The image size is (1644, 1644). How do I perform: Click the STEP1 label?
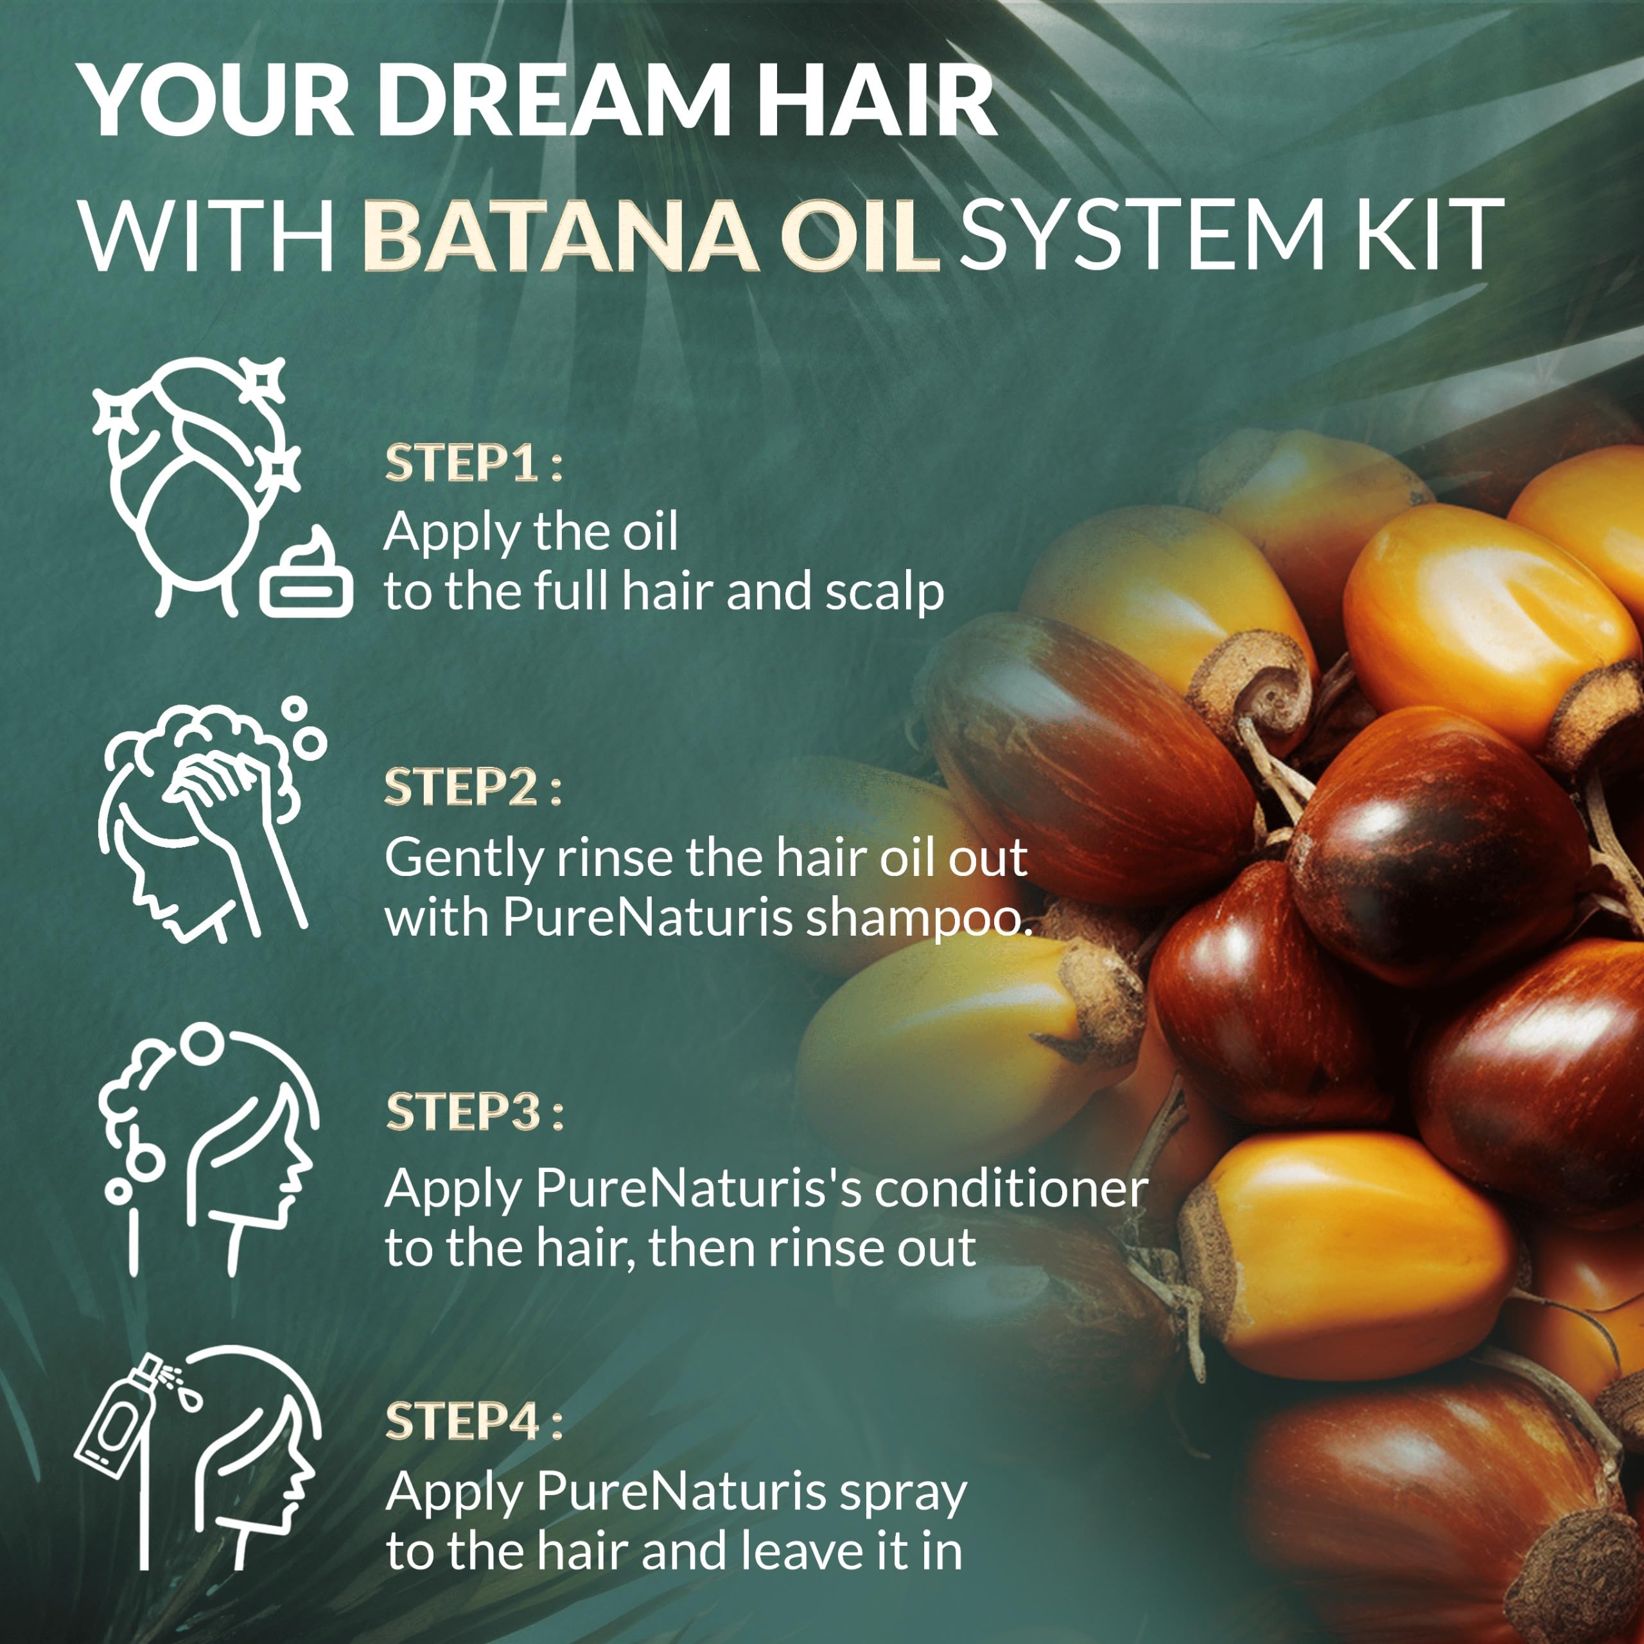pos(473,464)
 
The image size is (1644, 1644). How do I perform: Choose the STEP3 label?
pos(474,1112)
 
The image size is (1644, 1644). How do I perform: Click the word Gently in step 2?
pos(464,859)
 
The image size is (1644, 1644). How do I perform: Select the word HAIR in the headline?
pos(875,100)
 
